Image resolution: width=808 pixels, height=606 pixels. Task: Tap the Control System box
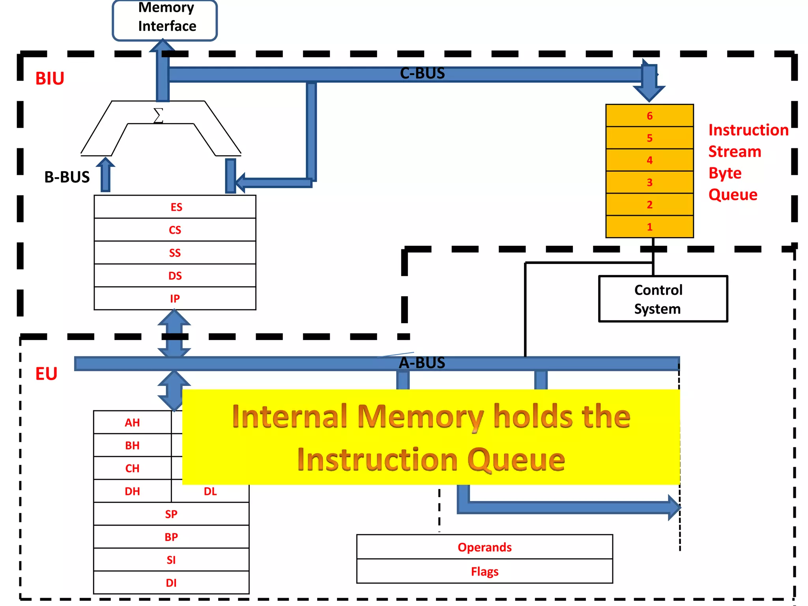tap(663, 299)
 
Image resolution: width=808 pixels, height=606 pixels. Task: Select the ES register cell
tap(175, 207)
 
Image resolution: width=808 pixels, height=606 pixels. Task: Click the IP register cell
tap(175, 299)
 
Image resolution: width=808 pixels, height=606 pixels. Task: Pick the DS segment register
tap(175, 276)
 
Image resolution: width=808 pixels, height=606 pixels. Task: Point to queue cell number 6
tap(649, 116)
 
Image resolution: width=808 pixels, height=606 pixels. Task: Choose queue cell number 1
tap(649, 227)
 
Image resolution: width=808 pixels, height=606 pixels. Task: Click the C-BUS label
tap(422, 73)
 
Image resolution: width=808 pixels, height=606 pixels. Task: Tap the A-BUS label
tap(422, 363)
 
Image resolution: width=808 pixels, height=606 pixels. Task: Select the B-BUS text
tap(67, 177)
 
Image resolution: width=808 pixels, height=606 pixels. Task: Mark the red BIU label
tap(50, 79)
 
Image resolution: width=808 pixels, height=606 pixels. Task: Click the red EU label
tap(46, 374)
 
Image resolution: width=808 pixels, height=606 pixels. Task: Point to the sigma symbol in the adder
tap(158, 116)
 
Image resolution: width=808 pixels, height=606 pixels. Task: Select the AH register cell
tap(133, 423)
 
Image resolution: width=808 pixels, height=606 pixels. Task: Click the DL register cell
tap(210, 491)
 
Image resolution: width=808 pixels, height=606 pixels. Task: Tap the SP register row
tap(171, 514)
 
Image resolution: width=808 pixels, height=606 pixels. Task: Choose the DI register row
tap(171, 583)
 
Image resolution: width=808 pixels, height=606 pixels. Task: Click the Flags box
tap(484, 571)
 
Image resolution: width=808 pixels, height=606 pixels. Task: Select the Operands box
tap(484, 547)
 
